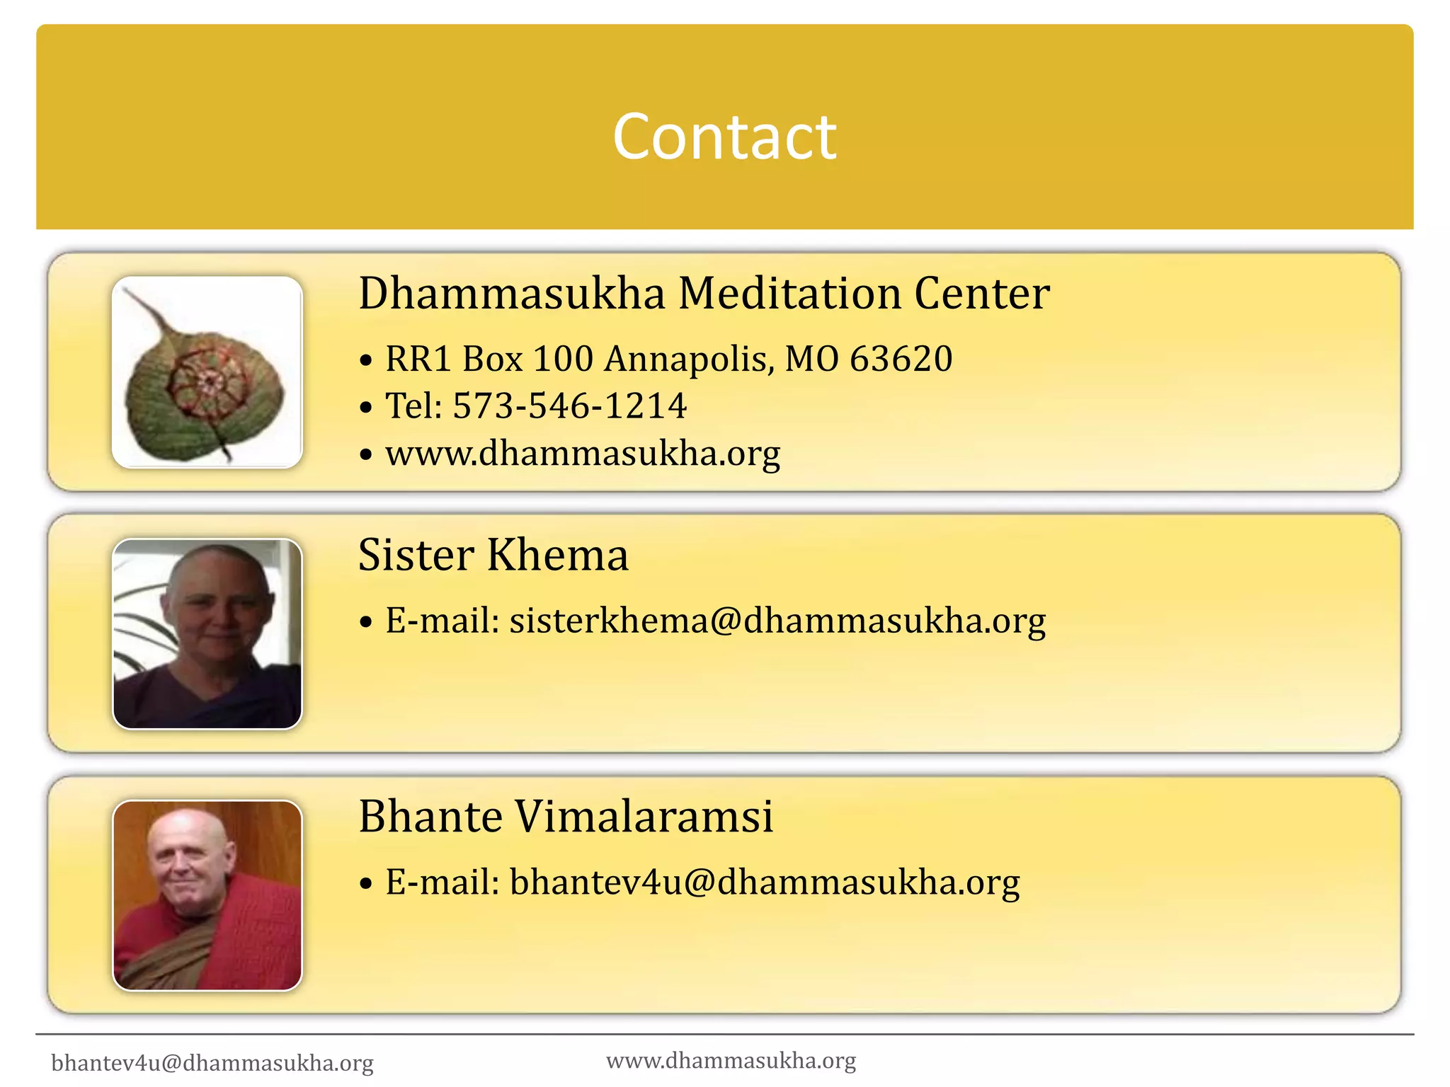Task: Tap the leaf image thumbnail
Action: [x=207, y=372]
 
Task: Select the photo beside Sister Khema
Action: [x=207, y=634]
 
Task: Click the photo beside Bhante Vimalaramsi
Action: [x=207, y=895]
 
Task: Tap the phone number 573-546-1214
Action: [x=569, y=406]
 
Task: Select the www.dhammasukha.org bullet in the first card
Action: [x=583, y=454]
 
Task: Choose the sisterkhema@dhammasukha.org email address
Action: [x=777, y=621]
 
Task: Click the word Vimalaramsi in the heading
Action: [x=644, y=817]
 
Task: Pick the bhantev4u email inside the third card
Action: [x=765, y=882]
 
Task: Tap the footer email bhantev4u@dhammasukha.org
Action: [x=212, y=1063]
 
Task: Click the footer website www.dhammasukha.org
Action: [x=731, y=1060]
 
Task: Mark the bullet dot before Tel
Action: [x=365, y=408]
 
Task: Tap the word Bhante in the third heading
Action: [x=430, y=817]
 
